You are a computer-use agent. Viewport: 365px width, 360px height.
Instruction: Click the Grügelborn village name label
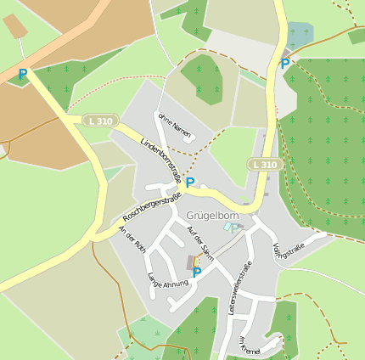click(211, 216)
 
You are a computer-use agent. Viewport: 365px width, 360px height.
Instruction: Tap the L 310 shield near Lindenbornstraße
click(98, 121)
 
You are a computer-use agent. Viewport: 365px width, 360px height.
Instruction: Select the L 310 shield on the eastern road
click(264, 164)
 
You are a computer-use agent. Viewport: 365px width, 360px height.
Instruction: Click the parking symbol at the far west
click(22, 75)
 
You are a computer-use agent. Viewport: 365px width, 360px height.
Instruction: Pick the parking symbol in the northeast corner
click(285, 63)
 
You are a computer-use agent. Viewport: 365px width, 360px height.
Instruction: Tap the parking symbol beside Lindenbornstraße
click(190, 182)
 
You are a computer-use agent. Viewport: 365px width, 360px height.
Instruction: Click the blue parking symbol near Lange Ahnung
click(196, 273)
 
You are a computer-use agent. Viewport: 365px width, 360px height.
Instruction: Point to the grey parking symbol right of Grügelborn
click(235, 228)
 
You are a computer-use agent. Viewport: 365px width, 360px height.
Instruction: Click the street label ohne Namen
click(174, 124)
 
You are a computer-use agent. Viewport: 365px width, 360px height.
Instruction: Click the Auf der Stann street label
click(199, 242)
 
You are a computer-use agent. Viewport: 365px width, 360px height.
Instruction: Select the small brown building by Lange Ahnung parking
click(191, 263)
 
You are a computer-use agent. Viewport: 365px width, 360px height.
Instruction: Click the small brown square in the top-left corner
click(15, 27)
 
